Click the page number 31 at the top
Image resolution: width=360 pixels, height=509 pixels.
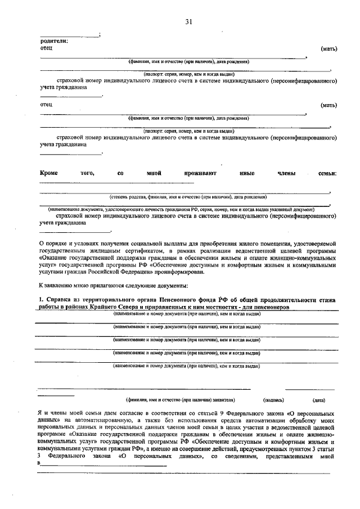(188, 22)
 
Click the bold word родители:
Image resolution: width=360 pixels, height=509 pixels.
(54, 40)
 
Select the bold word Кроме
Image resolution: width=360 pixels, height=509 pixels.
(49, 173)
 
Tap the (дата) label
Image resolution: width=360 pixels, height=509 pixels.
(318, 400)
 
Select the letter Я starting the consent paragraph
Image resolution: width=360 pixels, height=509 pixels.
(40, 413)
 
